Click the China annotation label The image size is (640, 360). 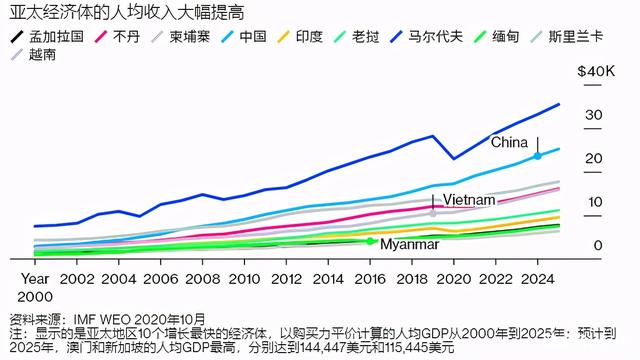click(x=510, y=142)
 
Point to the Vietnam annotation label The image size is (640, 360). click(x=469, y=200)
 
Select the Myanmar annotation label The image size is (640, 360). click(x=411, y=244)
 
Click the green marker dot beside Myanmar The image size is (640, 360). click(x=371, y=241)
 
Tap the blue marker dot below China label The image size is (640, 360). click(x=538, y=156)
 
